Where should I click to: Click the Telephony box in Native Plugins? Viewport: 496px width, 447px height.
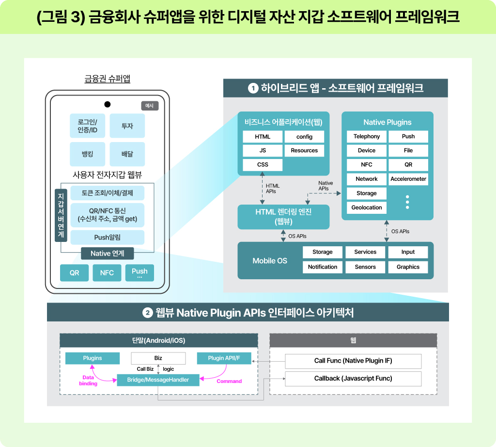tap(367, 137)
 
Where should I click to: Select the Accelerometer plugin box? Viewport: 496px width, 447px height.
tap(408, 179)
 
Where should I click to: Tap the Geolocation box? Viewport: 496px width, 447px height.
tap(367, 208)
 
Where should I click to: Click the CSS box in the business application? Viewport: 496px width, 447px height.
tap(263, 165)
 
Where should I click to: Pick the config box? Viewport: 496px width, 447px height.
tap(304, 137)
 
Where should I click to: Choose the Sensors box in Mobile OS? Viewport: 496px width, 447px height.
tap(365, 267)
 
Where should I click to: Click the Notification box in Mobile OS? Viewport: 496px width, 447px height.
tap(323, 267)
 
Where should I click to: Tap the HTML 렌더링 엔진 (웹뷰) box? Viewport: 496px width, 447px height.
tap(283, 217)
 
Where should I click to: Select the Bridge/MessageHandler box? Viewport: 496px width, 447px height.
tap(158, 380)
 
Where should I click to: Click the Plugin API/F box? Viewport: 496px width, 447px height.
tap(224, 358)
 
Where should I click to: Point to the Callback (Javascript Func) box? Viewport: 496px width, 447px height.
tap(353, 379)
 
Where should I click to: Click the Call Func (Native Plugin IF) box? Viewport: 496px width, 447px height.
tap(353, 361)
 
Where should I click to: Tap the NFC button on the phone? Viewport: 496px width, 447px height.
tap(107, 273)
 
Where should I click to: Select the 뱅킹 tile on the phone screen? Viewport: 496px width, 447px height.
tap(87, 154)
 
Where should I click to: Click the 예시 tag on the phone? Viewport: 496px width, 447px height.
tap(150, 106)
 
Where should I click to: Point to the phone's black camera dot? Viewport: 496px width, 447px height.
tap(108, 104)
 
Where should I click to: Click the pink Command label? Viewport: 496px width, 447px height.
tap(229, 382)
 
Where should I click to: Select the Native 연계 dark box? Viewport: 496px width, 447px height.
tap(108, 253)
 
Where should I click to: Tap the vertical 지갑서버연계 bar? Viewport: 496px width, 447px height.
tap(61, 215)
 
